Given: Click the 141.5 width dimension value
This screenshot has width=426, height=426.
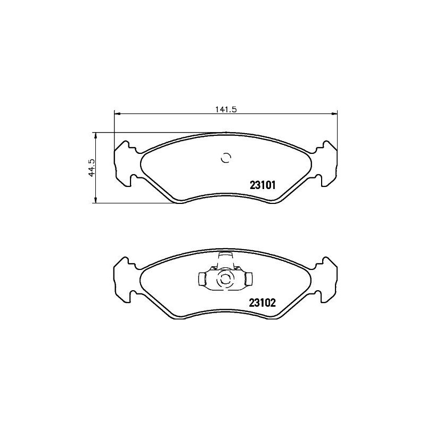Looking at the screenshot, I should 226,109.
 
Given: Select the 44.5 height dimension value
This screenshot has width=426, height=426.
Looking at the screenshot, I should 92,167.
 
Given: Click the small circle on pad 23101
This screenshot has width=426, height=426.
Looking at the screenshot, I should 226,158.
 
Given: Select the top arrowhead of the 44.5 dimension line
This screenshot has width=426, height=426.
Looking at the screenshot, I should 95,135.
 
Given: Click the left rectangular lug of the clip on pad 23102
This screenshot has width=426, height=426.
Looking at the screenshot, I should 203,278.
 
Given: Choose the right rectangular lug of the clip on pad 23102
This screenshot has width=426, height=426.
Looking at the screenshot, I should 247,278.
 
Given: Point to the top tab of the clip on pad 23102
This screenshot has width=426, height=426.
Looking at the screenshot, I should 225,258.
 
